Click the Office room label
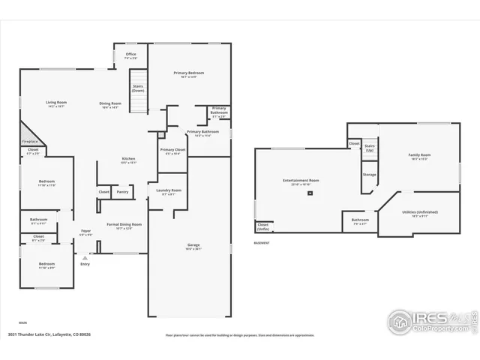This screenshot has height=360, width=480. (x=130, y=54)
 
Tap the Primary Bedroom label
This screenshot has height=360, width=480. (x=189, y=73)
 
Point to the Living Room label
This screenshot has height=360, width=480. (x=57, y=103)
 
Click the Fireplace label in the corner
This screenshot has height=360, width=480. (x=30, y=140)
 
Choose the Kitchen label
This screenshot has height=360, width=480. (x=128, y=159)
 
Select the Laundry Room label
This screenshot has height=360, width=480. (x=169, y=190)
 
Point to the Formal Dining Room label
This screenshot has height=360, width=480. (x=124, y=224)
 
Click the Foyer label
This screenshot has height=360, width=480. (x=86, y=231)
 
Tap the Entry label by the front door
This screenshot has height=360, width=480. (x=85, y=263)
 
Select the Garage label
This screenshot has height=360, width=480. (x=193, y=245)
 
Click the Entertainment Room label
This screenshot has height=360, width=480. (x=301, y=180)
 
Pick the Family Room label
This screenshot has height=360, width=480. (x=419, y=155)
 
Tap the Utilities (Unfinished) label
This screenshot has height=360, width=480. (x=419, y=211)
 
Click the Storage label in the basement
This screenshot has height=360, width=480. (x=370, y=175)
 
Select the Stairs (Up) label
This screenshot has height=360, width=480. (x=370, y=148)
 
